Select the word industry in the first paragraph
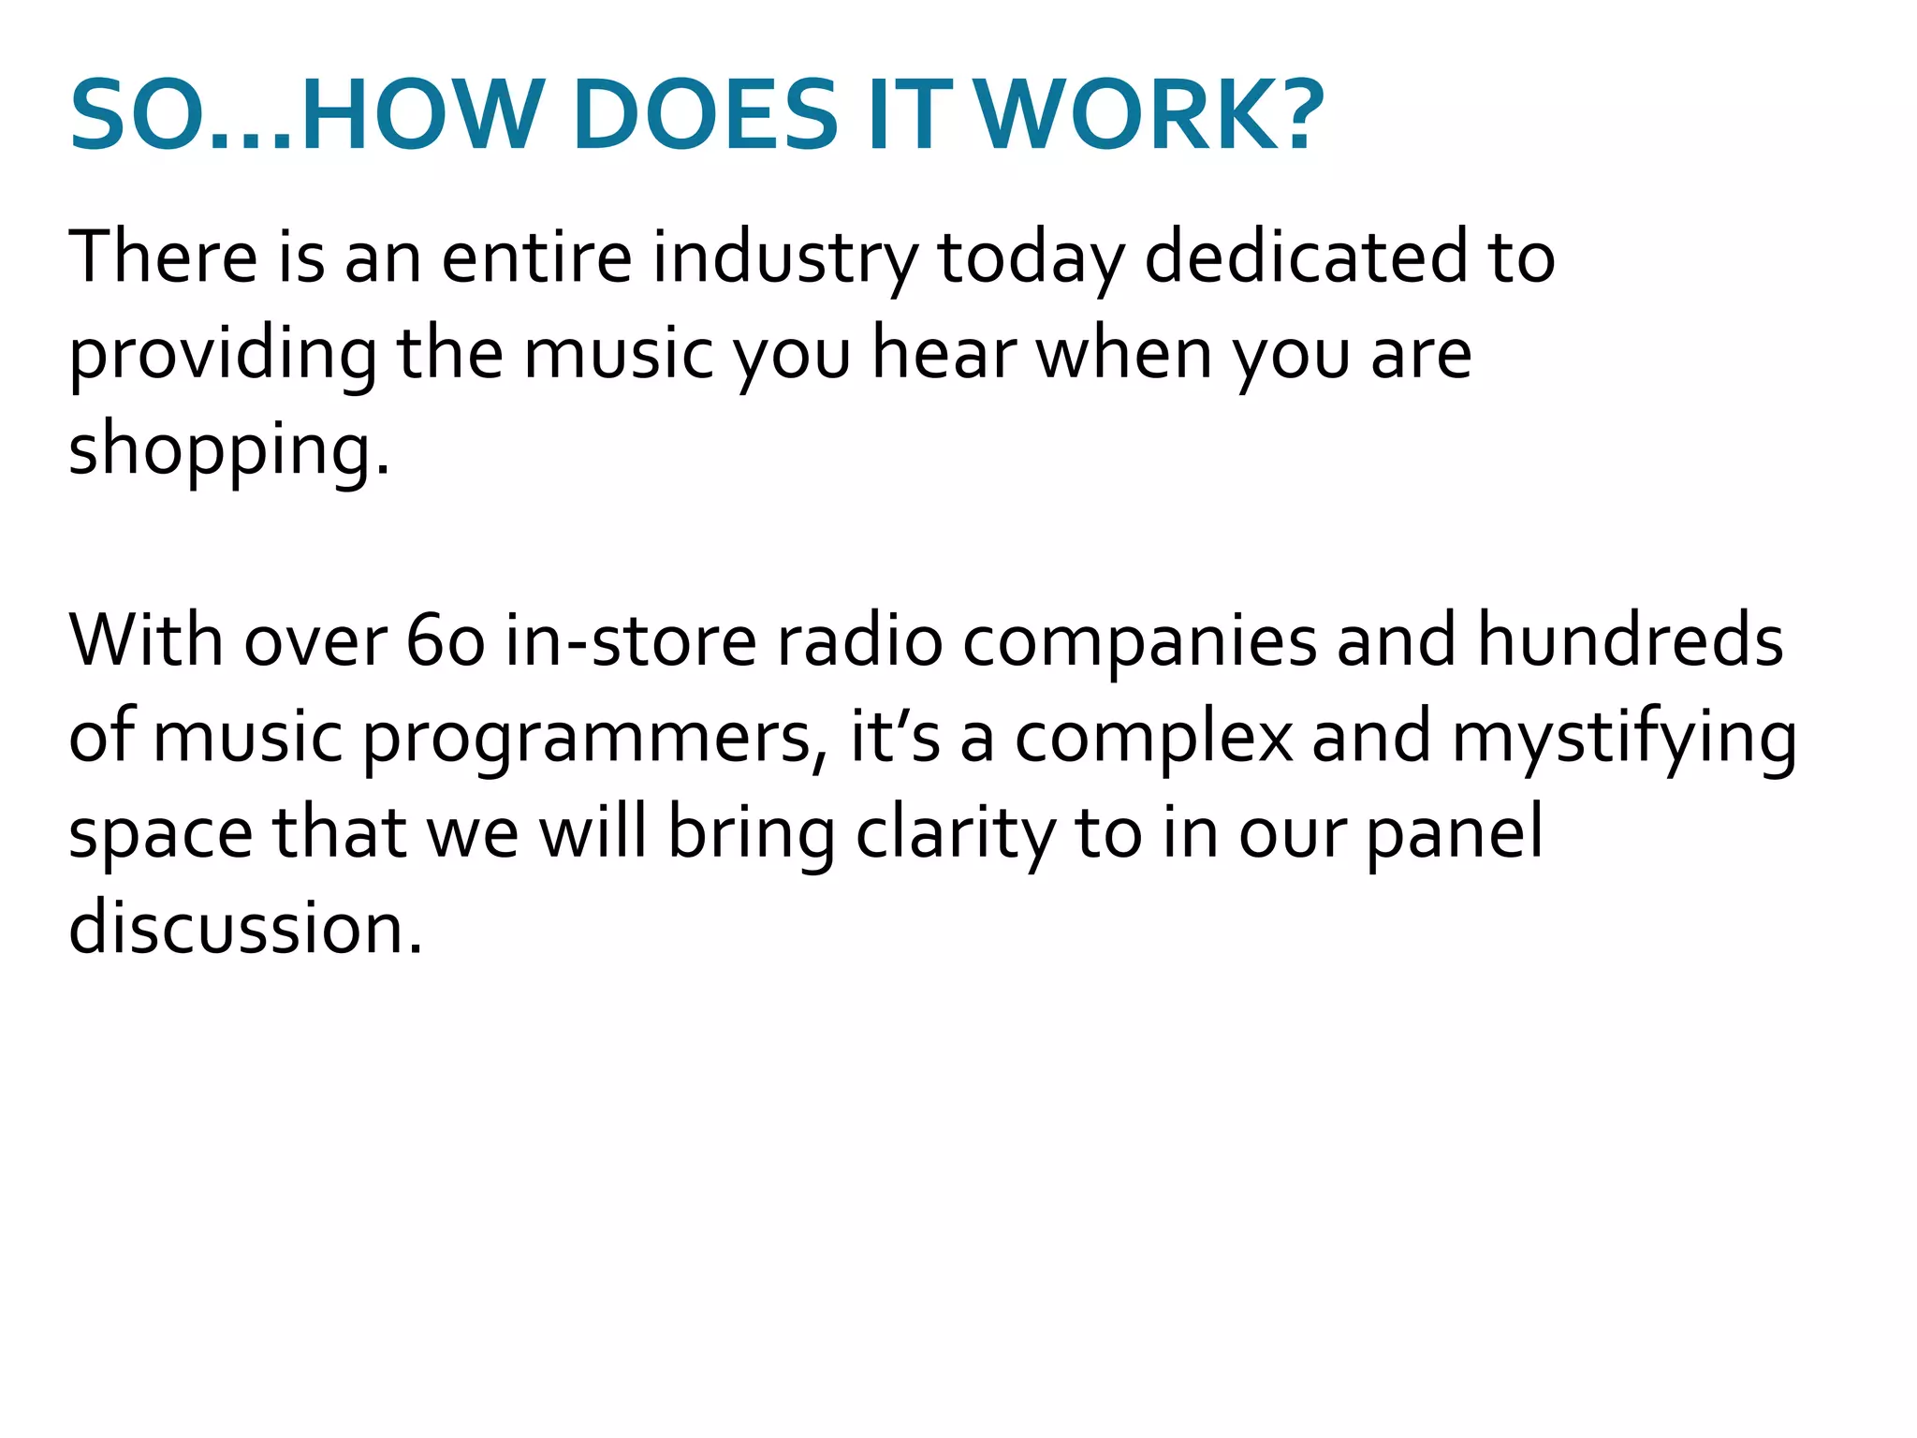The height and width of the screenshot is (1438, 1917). click(784, 257)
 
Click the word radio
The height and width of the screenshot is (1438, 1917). click(859, 642)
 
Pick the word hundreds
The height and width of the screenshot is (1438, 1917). click(1630, 642)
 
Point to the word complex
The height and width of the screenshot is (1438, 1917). click(1153, 738)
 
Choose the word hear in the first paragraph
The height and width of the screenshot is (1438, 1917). click(943, 354)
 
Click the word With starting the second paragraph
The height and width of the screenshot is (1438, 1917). click(145, 642)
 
